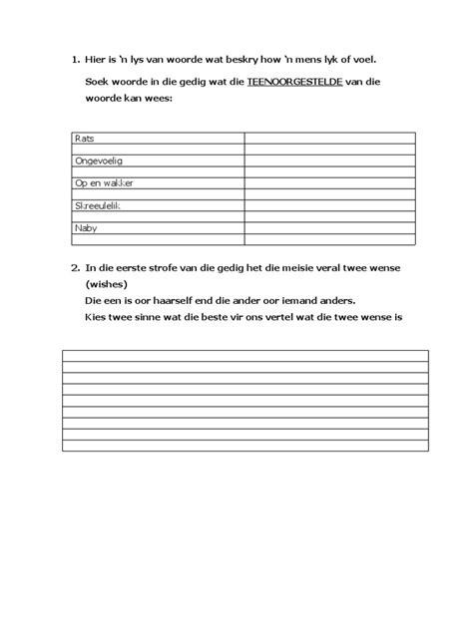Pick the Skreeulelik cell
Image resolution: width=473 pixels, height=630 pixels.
102,205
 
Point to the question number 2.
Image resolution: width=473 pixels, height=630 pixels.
75,267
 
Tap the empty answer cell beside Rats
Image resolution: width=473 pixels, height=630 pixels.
329,139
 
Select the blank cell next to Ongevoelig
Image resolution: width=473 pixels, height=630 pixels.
329,160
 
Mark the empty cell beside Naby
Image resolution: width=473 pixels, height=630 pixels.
329,228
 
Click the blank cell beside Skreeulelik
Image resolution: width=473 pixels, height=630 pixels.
329,205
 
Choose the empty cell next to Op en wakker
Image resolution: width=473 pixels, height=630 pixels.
329,183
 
